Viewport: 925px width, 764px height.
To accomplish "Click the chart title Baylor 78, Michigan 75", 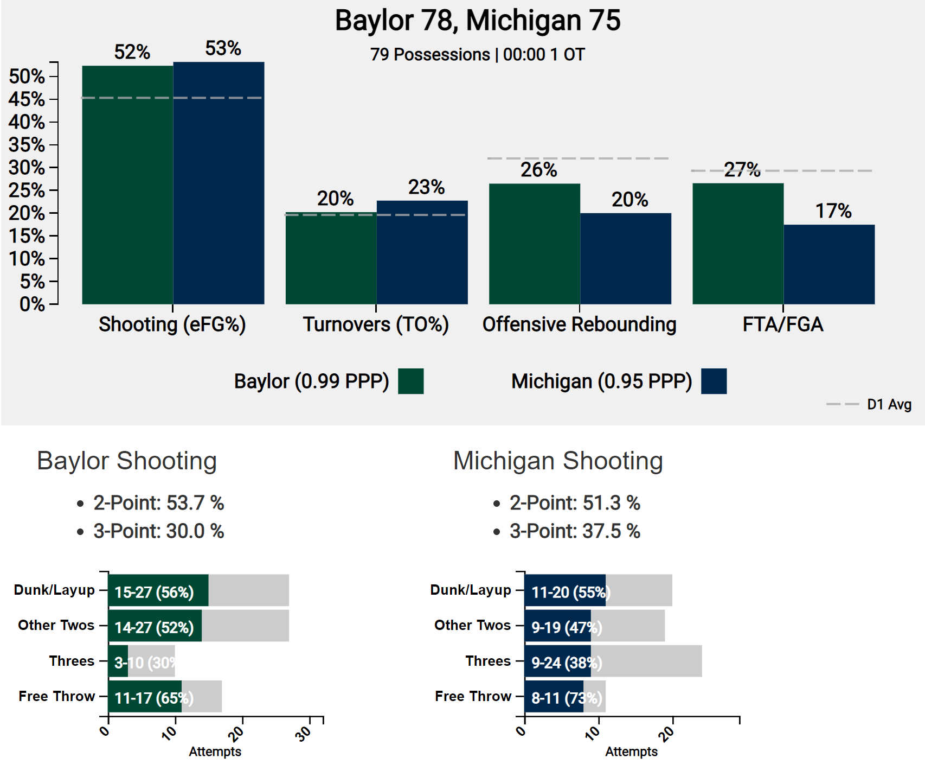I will tap(477, 21).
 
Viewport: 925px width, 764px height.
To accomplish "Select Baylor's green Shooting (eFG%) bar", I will tap(127, 184).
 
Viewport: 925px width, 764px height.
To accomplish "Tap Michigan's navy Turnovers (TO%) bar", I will tap(422, 252).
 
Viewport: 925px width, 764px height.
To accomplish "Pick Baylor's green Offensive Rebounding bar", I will tap(534, 244).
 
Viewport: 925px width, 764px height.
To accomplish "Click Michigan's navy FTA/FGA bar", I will tap(828, 264).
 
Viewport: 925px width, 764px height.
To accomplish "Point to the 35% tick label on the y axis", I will tap(27, 145).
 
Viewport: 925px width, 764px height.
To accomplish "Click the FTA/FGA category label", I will tap(782, 324).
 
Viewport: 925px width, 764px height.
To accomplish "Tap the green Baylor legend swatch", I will tap(410, 381).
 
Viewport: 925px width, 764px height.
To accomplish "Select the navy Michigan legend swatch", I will tap(713, 381).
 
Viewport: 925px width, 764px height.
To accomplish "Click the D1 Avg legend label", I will tap(889, 404).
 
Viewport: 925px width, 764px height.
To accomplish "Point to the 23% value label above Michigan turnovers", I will tap(426, 187).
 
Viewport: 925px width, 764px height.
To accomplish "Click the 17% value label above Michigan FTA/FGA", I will tap(833, 211).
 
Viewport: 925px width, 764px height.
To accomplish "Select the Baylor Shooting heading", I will tap(127, 461).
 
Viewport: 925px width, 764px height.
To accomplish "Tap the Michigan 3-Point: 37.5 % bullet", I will tap(574, 531).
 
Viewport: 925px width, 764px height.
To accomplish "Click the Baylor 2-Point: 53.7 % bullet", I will tap(158, 503).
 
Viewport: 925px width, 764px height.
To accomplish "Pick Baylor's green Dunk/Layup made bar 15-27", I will tap(158, 590).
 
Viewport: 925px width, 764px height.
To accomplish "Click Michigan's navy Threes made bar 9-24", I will tap(557, 661).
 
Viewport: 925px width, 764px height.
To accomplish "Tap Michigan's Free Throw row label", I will tap(473, 696).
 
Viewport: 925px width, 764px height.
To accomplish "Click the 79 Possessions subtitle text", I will tap(477, 55).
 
